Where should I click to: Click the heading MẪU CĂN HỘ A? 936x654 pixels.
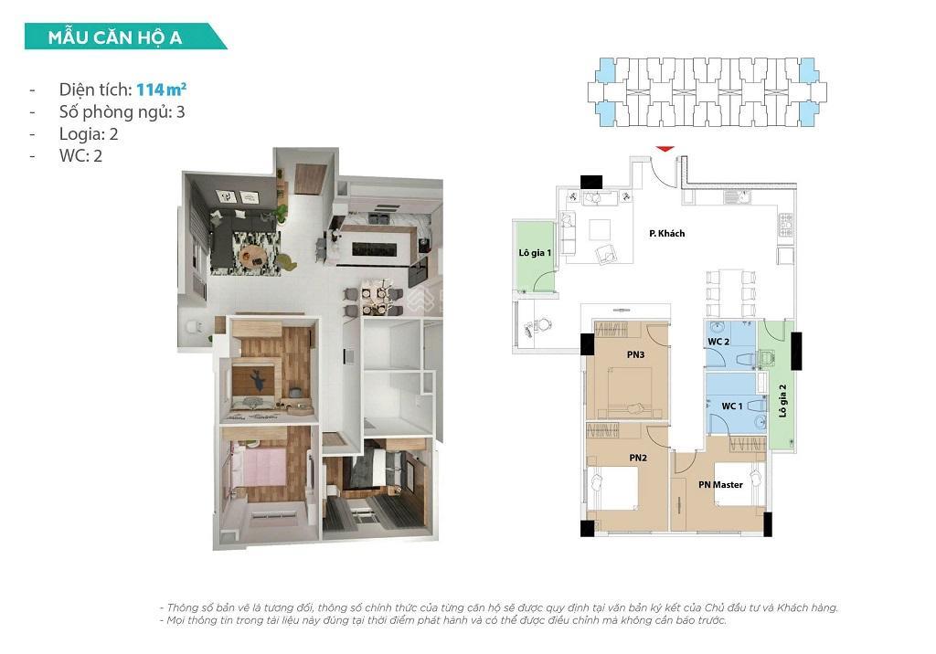[115, 37]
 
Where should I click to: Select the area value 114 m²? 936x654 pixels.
[162, 90]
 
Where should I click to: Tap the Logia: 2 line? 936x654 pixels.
[89, 133]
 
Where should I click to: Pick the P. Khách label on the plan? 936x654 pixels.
[666, 234]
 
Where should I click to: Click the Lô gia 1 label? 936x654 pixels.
[535, 252]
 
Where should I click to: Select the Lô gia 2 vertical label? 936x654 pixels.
[782, 399]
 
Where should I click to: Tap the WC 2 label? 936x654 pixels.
[718, 342]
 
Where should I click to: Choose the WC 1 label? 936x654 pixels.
[731, 406]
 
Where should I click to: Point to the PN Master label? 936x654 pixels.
[720, 485]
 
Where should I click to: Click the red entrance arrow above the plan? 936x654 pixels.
[665, 148]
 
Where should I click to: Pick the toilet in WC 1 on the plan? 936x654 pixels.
[757, 405]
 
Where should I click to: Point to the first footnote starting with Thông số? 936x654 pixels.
[498, 607]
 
